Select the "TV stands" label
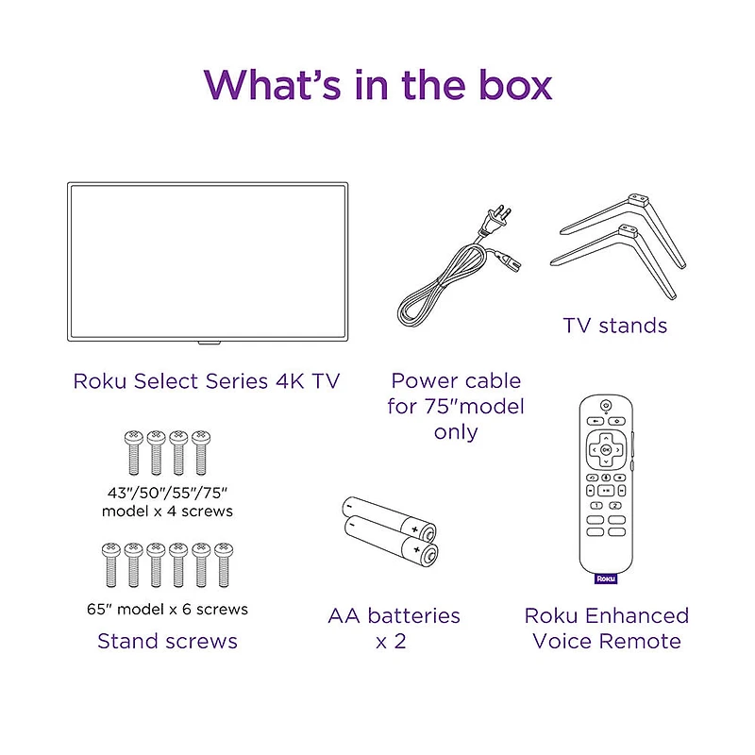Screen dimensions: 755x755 coord(614,326)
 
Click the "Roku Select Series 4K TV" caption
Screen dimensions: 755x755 coord(206,381)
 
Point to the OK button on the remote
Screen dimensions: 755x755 coord(605,450)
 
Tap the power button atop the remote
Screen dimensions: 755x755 coord(605,405)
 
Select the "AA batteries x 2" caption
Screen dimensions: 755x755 coord(394,628)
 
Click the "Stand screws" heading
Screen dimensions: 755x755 coord(167,641)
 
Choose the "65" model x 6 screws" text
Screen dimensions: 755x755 coord(167,609)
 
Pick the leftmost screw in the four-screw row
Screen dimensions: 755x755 coord(132,452)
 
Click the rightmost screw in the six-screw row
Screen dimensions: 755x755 coord(224,564)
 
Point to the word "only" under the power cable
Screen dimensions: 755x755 coord(456,431)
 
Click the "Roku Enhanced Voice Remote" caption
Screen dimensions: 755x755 coord(607,628)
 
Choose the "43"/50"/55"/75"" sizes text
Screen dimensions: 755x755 coord(167,493)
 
